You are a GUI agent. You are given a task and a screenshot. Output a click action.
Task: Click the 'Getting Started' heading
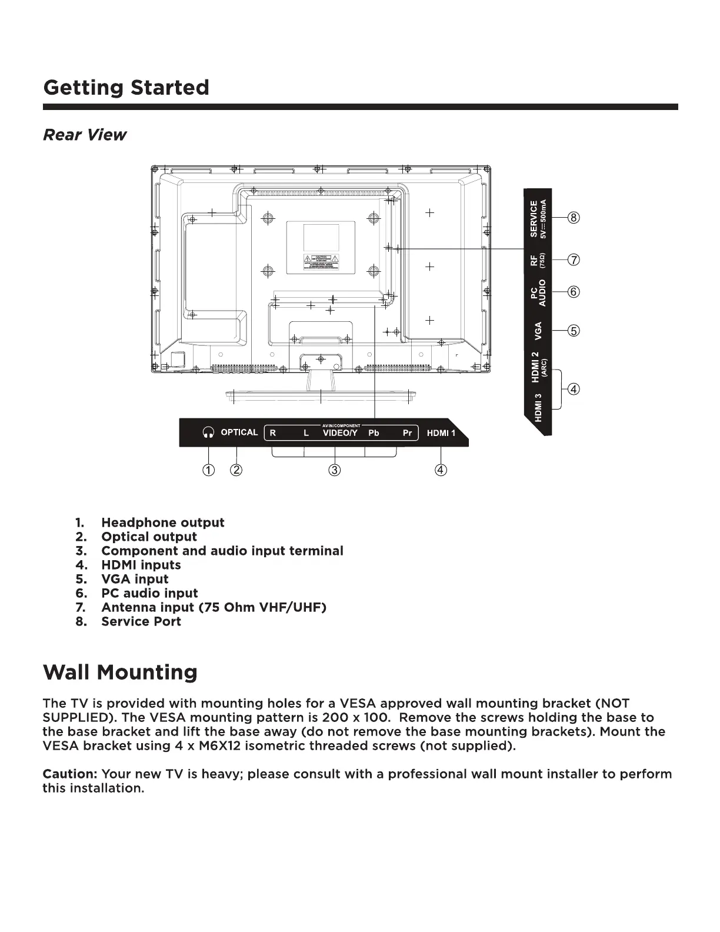pos(126,88)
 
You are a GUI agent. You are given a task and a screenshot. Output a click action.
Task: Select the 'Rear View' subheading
pos(85,135)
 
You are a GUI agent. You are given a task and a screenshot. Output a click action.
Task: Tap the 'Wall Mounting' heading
pos(120,672)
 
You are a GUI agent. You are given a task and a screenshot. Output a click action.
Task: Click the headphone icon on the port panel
pos(208,432)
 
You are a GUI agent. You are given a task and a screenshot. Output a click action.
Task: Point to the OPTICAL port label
pos(239,432)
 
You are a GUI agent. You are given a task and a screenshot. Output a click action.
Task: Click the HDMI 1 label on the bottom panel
pos(441,433)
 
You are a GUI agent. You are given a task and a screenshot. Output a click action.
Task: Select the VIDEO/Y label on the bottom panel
pos(340,433)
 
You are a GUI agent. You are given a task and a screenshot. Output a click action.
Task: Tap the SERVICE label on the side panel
pos(534,219)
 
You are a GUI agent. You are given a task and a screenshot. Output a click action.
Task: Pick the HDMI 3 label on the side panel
pos(538,408)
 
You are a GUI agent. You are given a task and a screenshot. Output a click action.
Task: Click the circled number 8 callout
pos(574,218)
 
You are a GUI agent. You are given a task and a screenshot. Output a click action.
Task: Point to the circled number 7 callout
pos(574,259)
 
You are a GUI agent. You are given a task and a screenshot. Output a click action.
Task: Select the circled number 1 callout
pos(209,470)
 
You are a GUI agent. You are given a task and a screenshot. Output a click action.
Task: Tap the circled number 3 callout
pos(334,470)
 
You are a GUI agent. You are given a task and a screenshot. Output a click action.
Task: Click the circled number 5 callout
pos(574,330)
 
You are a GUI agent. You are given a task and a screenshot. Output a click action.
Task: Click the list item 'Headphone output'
pos(162,522)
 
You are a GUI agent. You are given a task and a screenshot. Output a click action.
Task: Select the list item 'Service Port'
pos(141,621)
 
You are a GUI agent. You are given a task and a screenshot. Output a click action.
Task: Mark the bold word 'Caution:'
pos(69,774)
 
